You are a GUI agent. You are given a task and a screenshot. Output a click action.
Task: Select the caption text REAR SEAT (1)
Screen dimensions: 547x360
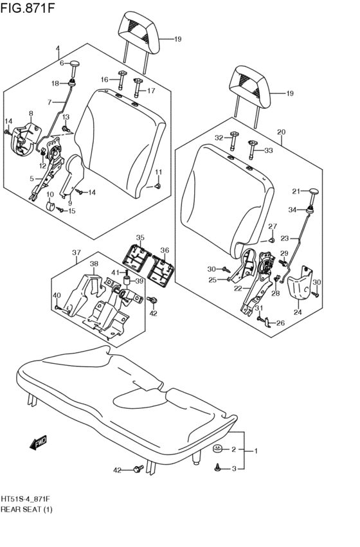26,510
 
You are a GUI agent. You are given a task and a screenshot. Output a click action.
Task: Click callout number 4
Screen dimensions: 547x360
58,49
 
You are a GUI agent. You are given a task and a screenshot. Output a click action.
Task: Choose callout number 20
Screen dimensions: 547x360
281,132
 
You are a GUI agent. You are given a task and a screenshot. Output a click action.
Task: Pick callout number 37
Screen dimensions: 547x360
76,252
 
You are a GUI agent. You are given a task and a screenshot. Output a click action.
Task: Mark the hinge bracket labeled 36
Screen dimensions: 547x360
162,269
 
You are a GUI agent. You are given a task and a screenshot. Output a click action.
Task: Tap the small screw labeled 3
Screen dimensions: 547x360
219,468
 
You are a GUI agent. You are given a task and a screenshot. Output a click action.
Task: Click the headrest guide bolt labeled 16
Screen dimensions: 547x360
120,79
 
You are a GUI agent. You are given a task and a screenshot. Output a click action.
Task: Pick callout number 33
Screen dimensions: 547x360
269,150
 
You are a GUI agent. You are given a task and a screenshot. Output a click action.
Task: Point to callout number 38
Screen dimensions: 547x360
94,264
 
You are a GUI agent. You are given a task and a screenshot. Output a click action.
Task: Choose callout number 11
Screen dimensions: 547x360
158,172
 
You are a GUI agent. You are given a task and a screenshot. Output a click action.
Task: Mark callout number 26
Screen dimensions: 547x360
280,323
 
